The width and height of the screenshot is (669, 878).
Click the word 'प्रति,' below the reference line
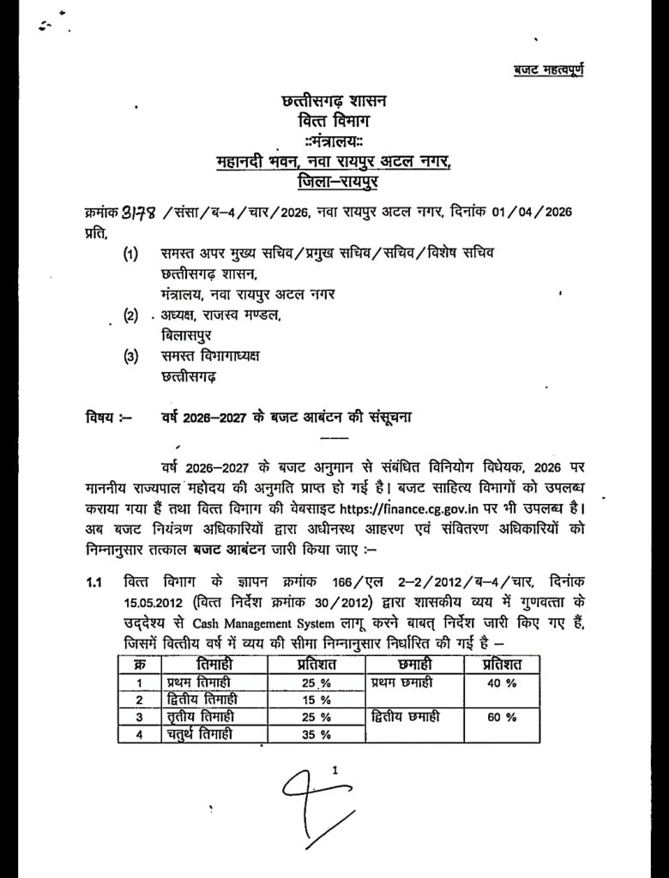[x=98, y=232]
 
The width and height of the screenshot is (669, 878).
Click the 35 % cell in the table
[x=317, y=734]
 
